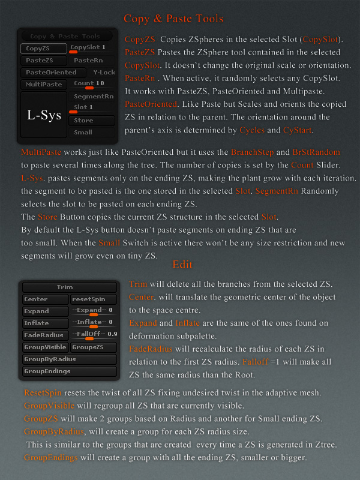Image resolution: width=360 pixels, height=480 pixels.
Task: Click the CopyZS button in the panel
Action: point(44,48)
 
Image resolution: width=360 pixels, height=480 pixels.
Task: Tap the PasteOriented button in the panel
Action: point(52,72)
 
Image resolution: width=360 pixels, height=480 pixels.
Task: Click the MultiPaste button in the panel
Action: point(44,84)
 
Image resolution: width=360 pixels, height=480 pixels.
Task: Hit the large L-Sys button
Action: point(44,116)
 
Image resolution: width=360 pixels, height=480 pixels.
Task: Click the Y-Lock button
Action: point(104,72)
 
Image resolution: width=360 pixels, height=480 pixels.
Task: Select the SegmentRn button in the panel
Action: point(93,96)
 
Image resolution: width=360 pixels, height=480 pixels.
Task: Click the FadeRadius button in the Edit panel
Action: point(44,335)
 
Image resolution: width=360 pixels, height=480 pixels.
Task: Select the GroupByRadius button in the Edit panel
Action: point(69,359)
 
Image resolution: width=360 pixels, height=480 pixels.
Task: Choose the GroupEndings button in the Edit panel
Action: point(69,371)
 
